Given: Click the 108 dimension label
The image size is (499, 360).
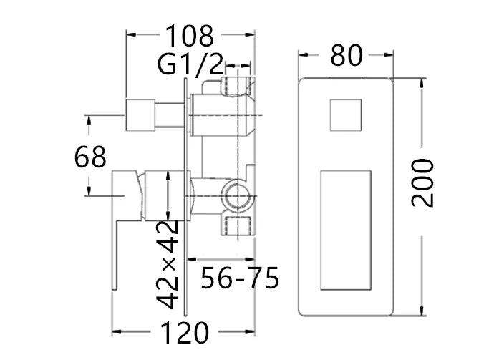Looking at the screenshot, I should tap(190, 34).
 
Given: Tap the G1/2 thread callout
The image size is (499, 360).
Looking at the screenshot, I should tap(190, 66).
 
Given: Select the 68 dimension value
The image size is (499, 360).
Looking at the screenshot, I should tap(90, 156).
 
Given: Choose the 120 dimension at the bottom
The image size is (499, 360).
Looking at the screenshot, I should tap(185, 333).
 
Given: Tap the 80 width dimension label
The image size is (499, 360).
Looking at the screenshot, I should tap(347, 55).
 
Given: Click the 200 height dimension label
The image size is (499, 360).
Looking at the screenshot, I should tap(423, 183).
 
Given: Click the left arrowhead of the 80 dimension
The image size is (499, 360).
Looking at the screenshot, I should tap(302, 55).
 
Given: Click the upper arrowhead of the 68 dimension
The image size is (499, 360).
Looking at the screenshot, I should tap(90, 119).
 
